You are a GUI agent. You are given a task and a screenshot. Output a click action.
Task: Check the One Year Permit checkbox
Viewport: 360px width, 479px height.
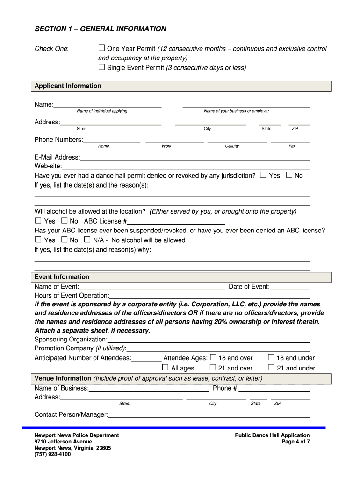101,48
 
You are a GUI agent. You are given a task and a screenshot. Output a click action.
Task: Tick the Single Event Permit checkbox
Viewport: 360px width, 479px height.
101,67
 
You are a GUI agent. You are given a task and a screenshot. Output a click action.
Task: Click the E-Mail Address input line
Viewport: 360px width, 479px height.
194,158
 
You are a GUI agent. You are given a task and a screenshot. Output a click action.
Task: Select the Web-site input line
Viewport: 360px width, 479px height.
186,167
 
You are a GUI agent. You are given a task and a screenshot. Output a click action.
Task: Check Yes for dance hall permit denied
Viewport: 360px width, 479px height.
263,175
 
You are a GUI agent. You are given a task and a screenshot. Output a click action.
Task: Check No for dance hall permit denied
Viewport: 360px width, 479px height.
289,175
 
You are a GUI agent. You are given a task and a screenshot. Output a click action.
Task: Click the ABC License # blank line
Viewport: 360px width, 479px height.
176,221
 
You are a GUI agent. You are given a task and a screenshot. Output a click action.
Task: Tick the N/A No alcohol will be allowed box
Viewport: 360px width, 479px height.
87,239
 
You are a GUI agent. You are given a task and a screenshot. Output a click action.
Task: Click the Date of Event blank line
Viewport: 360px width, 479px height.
289,287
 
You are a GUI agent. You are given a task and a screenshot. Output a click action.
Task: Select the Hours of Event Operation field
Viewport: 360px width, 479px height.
209,296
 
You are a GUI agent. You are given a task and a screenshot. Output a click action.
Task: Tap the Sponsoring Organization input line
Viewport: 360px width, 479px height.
208,340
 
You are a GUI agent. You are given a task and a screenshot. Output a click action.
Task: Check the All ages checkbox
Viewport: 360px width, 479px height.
165,368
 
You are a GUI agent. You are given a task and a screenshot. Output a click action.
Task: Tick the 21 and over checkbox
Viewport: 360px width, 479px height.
213,368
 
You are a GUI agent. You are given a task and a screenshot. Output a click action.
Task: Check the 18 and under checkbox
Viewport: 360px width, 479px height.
271,357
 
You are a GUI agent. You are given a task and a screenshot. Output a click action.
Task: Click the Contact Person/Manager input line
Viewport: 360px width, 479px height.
209,414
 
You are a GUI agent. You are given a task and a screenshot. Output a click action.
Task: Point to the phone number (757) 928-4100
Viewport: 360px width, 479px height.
52,454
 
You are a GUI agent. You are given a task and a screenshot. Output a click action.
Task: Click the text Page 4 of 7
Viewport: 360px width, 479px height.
295,442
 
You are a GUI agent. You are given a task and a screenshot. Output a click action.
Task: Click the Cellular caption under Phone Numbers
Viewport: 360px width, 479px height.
232,146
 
